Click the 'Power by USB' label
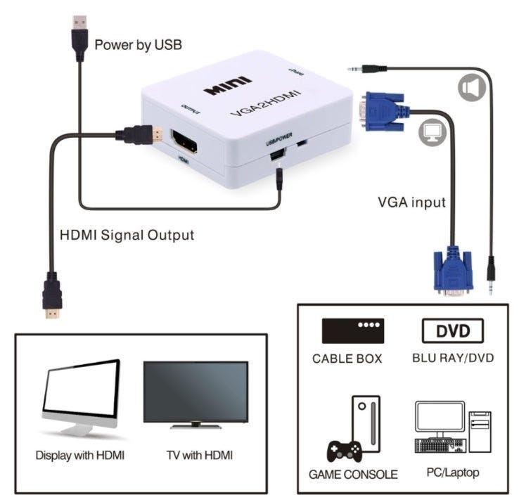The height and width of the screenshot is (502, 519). tap(138, 45)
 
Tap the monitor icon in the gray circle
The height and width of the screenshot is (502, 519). tap(428, 133)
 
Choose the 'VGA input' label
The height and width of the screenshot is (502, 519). tap(411, 202)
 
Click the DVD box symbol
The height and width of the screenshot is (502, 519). tap(452, 330)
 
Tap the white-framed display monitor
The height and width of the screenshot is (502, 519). tap(81, 397)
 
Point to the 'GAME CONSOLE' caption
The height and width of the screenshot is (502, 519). tap(353, 474)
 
